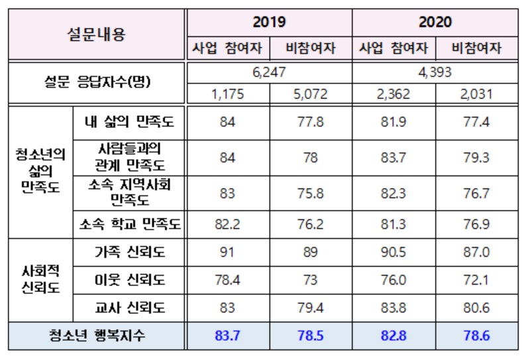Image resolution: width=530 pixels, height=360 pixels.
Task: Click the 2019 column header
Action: [269, 22]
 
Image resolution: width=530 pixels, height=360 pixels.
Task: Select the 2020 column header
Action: [435, 22]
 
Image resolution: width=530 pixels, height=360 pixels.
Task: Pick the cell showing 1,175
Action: [228, 93]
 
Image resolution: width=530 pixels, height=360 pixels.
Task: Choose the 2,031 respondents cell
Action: [476, 93]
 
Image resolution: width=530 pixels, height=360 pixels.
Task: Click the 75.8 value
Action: [310, 193]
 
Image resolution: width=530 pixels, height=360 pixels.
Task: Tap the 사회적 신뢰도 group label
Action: [40, 280]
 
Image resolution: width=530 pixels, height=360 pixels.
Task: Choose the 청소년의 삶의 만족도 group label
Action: [40, 170]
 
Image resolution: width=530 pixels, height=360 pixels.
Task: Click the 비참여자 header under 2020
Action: [476, 48]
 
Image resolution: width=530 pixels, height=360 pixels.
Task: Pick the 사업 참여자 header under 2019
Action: [228, 48]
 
